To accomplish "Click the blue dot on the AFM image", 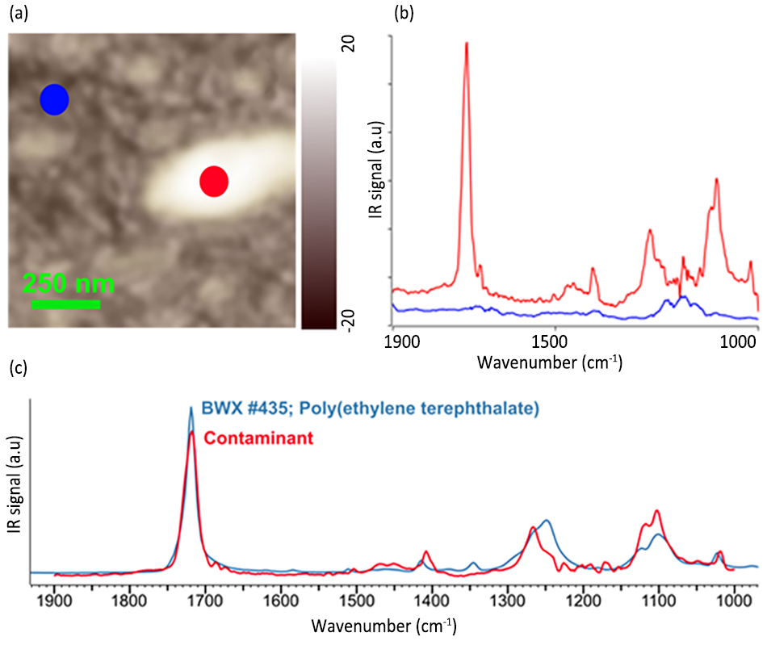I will pyautogui.click(x=55, y=99).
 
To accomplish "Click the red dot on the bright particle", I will pyautogui.click(x=214, y=182).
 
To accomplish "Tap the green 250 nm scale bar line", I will pyautogui.click(x=66, y=305).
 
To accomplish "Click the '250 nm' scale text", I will pyautogui.click(x=69, y=284).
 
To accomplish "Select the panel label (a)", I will pyautogui.click(x=17, y=13).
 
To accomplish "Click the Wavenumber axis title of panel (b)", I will pyautogui.click(x=549, y=361).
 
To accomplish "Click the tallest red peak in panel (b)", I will pyautogui.click(x=466, y=44).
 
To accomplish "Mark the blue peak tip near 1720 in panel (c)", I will pyautogui.click(x=191, y=408).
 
